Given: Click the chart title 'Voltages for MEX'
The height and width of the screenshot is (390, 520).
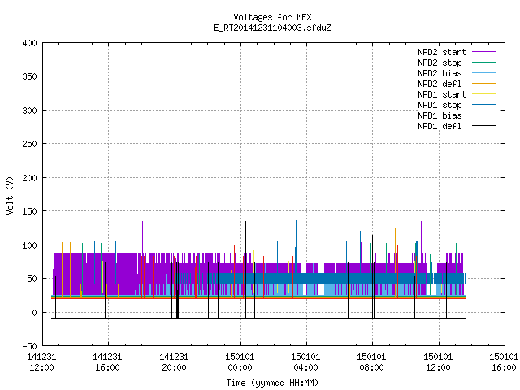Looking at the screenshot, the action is tap(272, 17).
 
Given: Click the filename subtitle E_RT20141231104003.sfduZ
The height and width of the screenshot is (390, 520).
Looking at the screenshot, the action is tap(272, 28).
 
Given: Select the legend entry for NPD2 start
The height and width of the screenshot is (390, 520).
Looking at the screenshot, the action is tap(442, 52).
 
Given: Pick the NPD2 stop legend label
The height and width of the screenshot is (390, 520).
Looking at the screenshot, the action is tap(440, 63).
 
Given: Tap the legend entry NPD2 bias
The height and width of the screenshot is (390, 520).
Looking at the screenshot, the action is tap(440, 73).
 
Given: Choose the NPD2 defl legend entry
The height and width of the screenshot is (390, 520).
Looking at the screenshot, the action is tap(440, 84).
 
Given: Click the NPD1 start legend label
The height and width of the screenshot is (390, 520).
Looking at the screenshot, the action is tap(442, 94).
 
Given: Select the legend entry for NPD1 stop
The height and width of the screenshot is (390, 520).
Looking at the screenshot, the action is tap(440, 105).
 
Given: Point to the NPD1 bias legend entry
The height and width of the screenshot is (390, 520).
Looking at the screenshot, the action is tap(440, 115).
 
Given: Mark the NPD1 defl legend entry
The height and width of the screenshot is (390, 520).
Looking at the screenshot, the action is tap(440, 127).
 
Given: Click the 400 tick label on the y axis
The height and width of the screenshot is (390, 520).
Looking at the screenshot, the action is tap(29, 43).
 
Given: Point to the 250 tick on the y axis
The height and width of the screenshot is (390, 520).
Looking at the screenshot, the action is tap(29, 144).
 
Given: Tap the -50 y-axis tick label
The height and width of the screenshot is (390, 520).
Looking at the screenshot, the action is tap(29, 346).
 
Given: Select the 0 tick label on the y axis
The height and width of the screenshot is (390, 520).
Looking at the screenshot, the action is tap(34, 313).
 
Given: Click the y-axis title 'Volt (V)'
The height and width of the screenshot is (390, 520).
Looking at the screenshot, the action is tap(10, 196).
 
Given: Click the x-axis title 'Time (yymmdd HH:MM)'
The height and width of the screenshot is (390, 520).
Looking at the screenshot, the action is tap(272, 383).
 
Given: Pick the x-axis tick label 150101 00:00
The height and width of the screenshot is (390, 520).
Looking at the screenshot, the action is tap(240, 362).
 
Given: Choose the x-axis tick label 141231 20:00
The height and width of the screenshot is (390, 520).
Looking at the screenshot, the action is tap(174, 362).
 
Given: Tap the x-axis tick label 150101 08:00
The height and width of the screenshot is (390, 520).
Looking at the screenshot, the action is tap(372, 362).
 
